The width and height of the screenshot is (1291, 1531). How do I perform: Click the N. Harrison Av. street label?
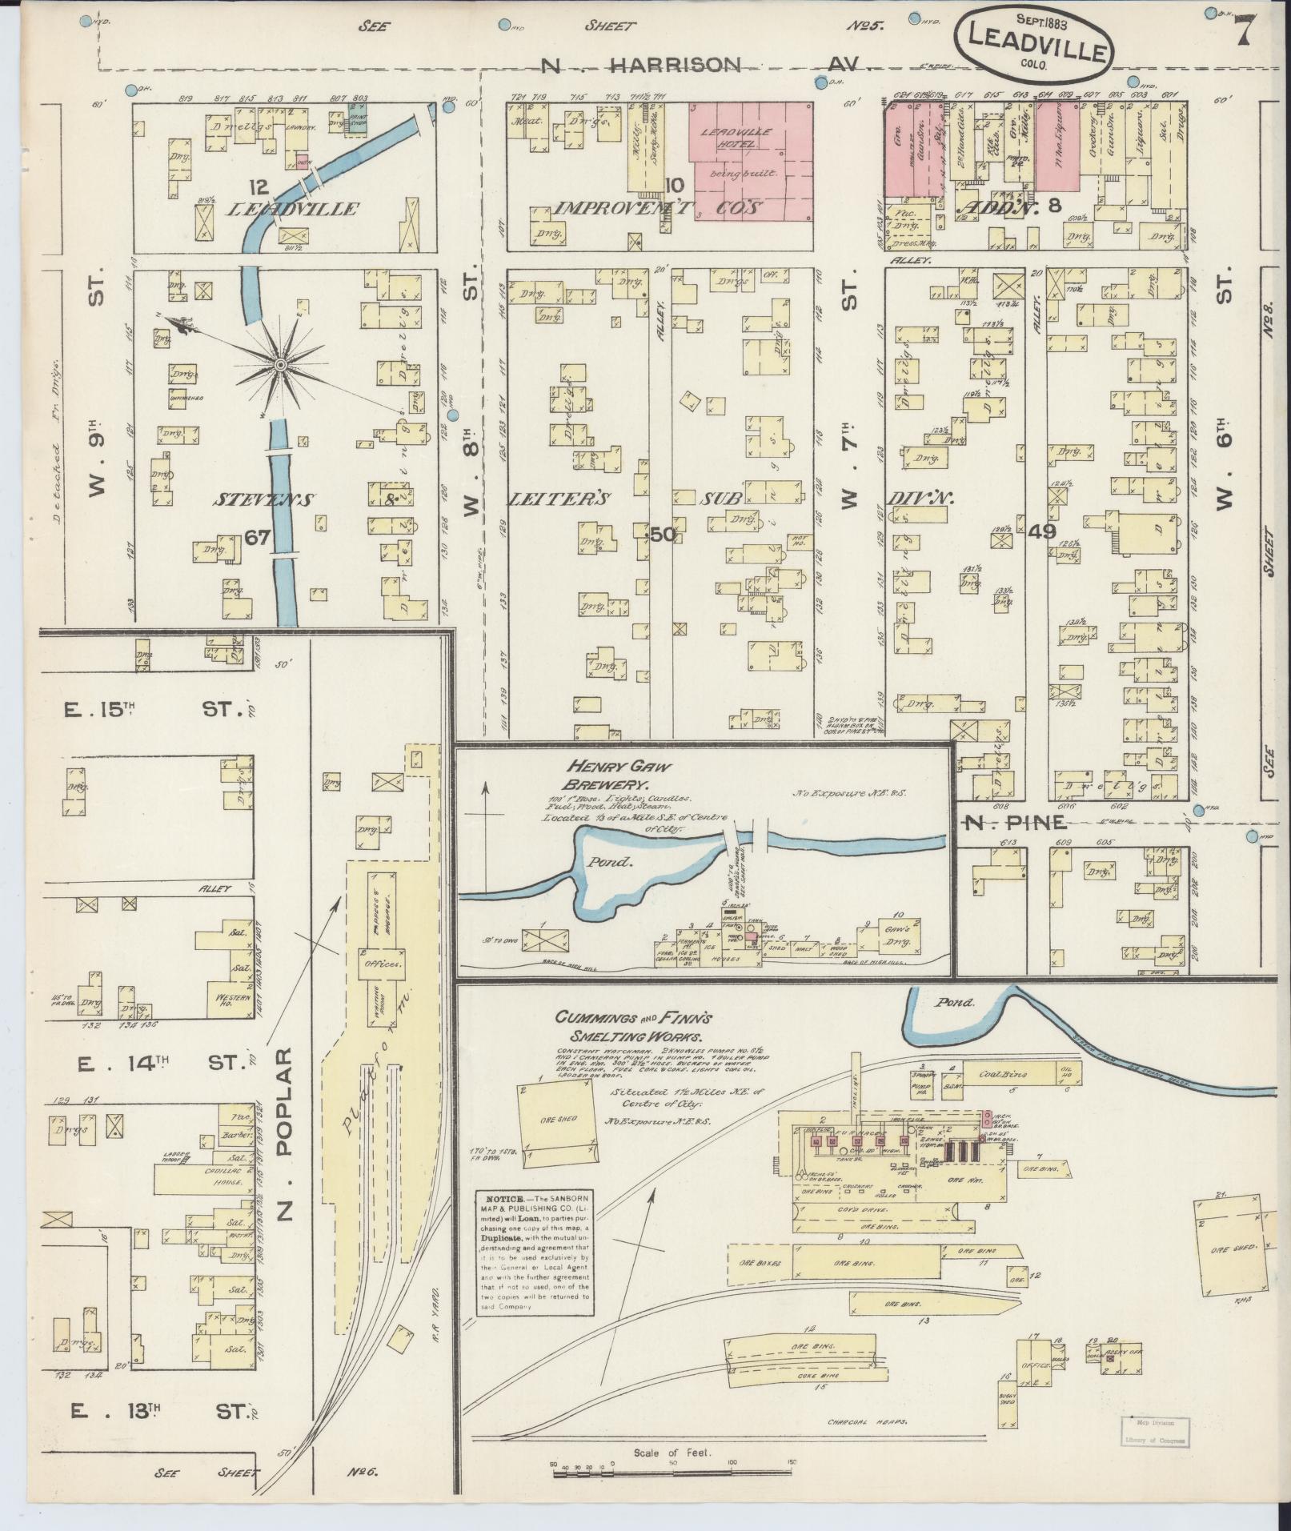pos(704,66)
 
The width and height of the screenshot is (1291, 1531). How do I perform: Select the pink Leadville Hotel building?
pos(751,160)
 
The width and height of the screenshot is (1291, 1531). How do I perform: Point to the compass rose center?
pos(280,365)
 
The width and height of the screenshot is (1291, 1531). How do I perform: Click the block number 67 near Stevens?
pos(257,538)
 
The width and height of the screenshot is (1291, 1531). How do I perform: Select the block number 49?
pos(1042,531)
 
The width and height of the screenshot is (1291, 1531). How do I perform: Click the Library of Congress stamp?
pos(1152,1430)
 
